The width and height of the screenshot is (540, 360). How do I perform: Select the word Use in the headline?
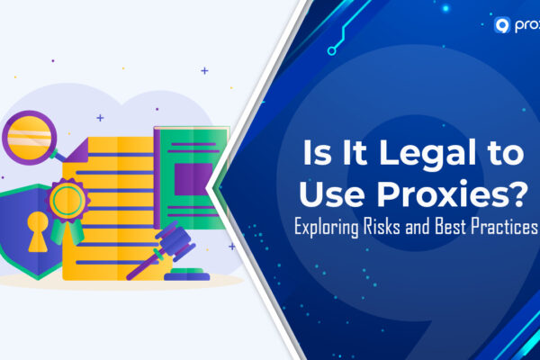point(350,191)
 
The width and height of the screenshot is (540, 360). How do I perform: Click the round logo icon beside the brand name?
point(504,25)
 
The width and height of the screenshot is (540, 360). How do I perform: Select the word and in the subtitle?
point(427,226)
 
